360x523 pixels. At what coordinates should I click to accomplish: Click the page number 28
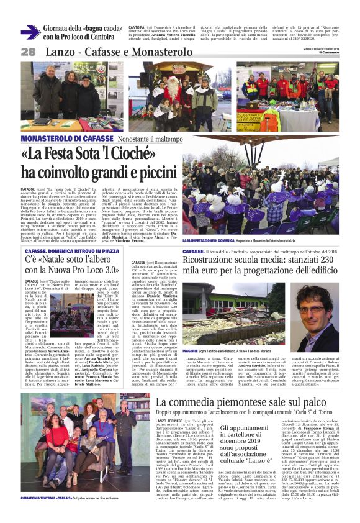point(27,53)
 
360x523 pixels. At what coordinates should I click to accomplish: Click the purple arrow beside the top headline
point(30,31)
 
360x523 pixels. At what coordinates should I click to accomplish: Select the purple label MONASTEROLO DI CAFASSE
point(61,138)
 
